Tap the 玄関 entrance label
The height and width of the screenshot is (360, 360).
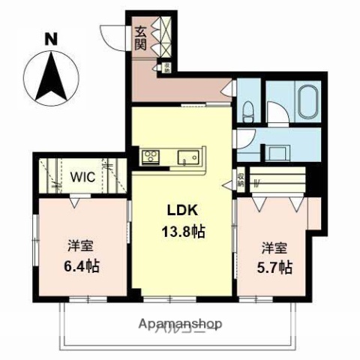tap(140, 37)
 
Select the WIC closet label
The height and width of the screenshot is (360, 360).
tap(82, 178)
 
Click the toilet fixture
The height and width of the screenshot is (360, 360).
tap(248, 112)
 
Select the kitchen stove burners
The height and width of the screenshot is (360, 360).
tap(151, 156)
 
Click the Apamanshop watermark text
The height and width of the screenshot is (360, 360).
tap(181, 324)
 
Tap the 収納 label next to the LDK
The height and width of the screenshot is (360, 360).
tap(241, 179)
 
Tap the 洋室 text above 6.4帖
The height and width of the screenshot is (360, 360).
tap(81, 246)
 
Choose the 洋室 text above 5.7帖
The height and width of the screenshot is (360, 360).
tap(274, 247)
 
